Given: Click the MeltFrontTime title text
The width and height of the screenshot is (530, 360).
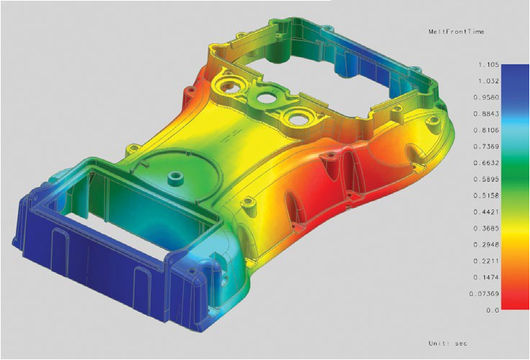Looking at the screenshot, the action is (x=456, y=32).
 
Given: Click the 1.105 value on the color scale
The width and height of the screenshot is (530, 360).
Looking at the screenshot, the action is (x=488, y=64).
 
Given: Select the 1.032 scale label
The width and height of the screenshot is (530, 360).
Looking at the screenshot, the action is (x=488, y=81).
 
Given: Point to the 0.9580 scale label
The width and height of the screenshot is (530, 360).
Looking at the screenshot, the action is (x=486, y=97).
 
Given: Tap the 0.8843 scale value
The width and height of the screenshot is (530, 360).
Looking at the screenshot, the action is (x=486, y=114).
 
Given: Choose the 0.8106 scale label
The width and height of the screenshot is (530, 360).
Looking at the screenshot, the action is (x=486, y=130).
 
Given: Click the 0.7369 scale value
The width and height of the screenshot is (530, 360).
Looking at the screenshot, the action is (x=486, y=147).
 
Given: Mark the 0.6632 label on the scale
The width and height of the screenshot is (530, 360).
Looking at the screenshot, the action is (x=486, y=162).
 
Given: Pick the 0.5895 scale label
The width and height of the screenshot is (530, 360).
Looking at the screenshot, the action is (x=486, y=180).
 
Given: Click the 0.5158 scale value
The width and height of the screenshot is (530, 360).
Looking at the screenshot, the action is (x=486, y=195).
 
